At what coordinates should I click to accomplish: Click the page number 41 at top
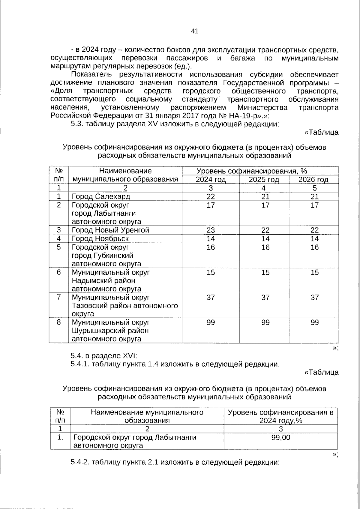194,31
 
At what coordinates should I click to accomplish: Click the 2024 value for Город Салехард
211,196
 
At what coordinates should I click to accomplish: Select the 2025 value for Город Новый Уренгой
265,230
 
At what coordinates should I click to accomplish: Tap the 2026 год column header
313,179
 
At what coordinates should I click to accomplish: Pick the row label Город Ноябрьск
100,238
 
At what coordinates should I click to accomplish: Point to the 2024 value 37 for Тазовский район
211,297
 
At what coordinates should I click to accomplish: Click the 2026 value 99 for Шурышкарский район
314,322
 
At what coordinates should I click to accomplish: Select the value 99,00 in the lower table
280,437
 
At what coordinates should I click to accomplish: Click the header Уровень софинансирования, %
251,171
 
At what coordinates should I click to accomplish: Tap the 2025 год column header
264,179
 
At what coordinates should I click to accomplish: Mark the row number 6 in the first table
59,272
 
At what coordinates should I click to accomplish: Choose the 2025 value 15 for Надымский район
265,272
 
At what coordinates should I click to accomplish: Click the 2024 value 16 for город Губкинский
211,247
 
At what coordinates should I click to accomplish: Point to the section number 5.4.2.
80,462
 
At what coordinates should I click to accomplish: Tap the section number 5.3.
77,124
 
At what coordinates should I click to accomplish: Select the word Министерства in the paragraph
262,107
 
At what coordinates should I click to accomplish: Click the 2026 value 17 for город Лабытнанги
314,205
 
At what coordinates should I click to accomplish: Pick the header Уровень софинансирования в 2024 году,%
280,416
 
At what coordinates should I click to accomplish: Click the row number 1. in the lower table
60,437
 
